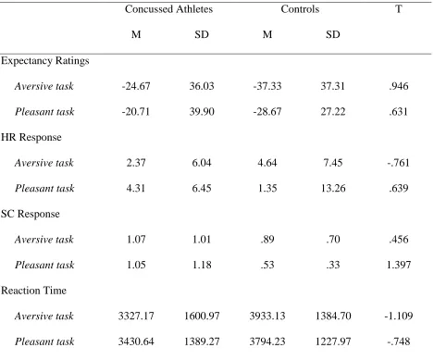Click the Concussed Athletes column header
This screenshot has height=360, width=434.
pyautogui.click(x=168, y=9)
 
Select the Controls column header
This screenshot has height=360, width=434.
pyautogui.click(x=300, y=9)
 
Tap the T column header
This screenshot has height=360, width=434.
pyautogui.click(x=399, y=9)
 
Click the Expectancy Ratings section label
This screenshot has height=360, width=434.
pyautogui.click(x=45, y=61)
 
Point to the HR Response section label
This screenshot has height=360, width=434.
pyautogui.click(x=31, y=137)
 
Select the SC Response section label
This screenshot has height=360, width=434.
pyautogui.click(x=31, y=214)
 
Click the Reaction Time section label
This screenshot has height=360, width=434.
pyautogui.click(x=33, y=291)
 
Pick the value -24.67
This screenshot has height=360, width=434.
pyautogui.click(x=136, y=86)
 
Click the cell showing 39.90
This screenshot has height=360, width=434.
pyautogui.click(x=202, y=112)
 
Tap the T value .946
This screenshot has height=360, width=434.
pyautogui.click(x=399, y=86)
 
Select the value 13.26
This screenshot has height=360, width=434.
pyautogui.click(x=333, y=188)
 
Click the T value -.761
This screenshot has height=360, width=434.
pyautogui.click(x=399, y=163)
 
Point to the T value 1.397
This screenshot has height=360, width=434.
pyautogui.click(x=399, y=265)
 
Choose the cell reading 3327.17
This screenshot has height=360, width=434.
pyautogui.click(x=136, y=316)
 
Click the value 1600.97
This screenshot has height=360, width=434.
pyautogui.click(x=202, y=316)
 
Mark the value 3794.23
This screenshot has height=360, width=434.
pyautogui.click(x=267, y=341)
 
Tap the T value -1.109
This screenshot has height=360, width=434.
pyautogui.click(x=399, y=316)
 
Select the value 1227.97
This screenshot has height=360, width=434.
pyautogui.click(x=333, y=341)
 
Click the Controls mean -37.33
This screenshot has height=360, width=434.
pyautogui.click(x=267, y=86)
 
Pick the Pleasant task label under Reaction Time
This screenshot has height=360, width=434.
pyautogui.click(x=44, y=341)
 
